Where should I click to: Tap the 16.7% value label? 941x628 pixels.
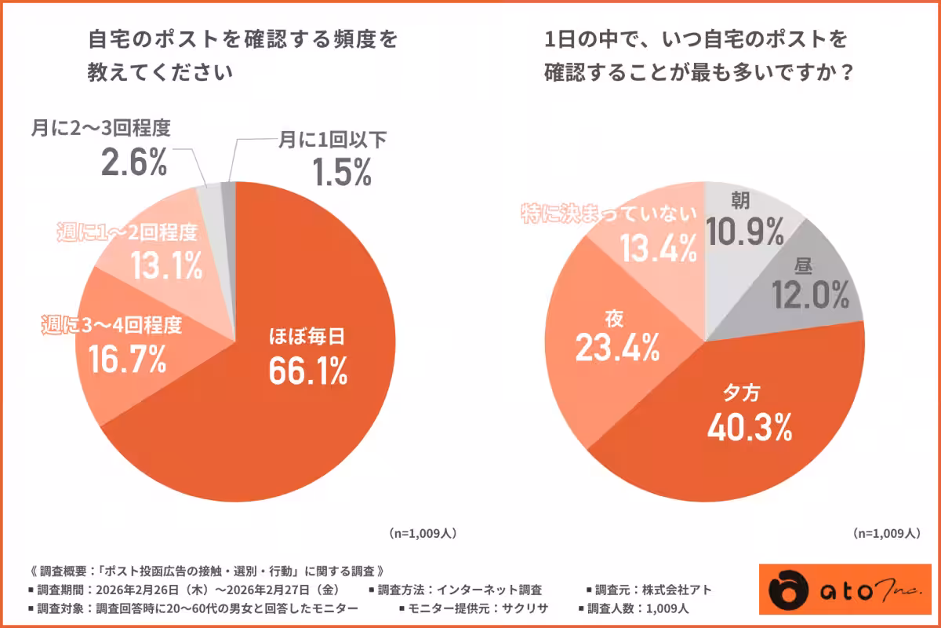point(127,359)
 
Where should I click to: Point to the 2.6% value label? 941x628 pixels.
point(134,162)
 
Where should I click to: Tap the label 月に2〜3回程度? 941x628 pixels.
point(101,127)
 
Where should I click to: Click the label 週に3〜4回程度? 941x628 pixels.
point(111,324)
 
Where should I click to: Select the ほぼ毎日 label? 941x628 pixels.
point(307,338)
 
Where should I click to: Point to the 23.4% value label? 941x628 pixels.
point(616,349)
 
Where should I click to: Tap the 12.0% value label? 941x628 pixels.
point(810,296)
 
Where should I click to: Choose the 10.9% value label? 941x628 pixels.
point(744,232)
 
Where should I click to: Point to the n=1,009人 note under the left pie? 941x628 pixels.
point(423,533)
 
